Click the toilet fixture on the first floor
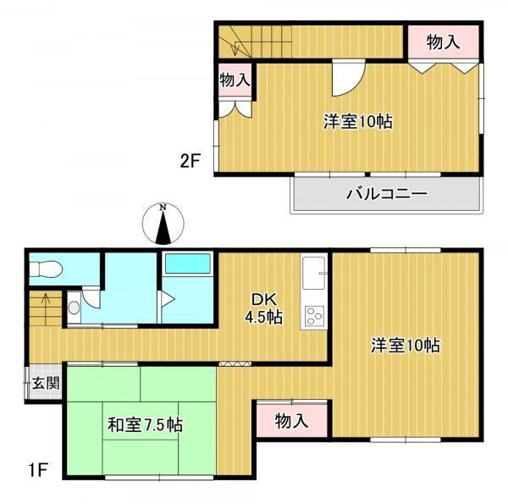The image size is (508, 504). [47, 269]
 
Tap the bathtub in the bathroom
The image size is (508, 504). [188, 263]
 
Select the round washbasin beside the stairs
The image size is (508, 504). [75, 307]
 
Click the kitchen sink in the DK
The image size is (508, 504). [313, 273]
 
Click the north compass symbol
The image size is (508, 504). [163, 224]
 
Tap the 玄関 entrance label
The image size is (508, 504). [46, 383]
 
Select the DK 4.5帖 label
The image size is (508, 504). [263, 308]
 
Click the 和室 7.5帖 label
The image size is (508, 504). [145, 425]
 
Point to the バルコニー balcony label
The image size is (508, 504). [387, 194]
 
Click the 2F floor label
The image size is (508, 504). [190, 161]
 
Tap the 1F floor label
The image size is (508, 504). [39, 470]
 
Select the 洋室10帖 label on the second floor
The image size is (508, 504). [358, 121]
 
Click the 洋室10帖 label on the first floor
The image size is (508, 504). [406, 346]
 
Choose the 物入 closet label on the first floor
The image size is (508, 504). [291, 421]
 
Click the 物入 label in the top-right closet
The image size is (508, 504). [443, 42]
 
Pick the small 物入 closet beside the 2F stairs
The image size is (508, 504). [235, 80]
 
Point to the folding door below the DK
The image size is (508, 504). [235, 363]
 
